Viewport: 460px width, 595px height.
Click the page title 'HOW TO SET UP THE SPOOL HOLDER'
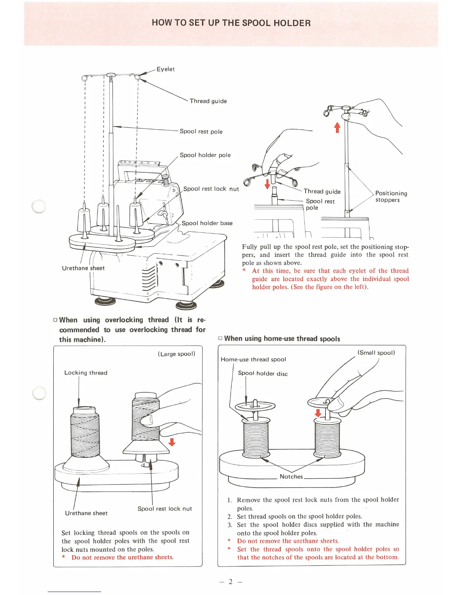pos(231,23)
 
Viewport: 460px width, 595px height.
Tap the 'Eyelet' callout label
pos(165,69)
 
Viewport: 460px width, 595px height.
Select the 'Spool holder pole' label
pos(205,155)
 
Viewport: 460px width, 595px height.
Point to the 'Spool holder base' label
pos(207,223)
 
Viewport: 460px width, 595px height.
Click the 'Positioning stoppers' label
pos(391,196)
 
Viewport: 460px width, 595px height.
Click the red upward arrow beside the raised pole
pos(337,127)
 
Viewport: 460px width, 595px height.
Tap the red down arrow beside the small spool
pos(318,413)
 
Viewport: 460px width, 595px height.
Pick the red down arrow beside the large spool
pos(172,442)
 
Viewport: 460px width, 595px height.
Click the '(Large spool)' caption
pos(176,354)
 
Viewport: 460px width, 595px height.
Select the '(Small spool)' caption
pos(376,353)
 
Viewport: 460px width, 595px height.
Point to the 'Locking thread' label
pos(86,373)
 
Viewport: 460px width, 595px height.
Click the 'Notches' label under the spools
pos(291,477)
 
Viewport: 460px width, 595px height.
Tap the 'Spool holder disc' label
pos(263,373)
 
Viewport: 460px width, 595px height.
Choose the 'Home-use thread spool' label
pos(253,359)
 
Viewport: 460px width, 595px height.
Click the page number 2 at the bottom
pos(231,581)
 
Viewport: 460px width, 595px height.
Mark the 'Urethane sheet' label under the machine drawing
pos(83,268)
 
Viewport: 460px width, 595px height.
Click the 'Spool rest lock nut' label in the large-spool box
pos(165,509)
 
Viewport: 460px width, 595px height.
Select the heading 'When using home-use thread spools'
pos(282,338)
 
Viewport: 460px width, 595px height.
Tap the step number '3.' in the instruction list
pos(230,525)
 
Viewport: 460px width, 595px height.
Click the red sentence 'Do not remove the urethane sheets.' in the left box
pos(123,557)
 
